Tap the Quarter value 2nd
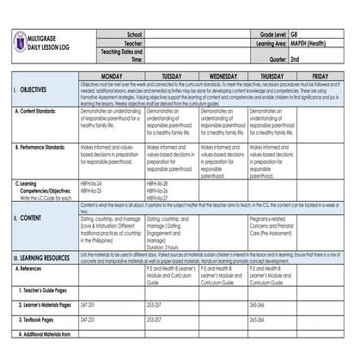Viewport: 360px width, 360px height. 296,59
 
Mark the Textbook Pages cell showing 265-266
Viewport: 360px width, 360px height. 258,319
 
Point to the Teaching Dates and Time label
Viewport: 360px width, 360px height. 116,55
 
